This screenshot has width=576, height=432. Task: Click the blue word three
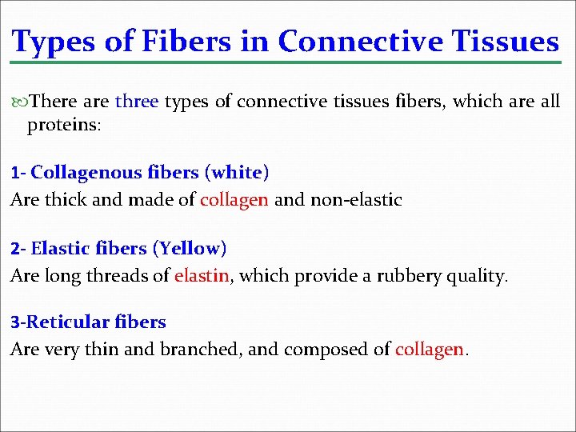click(137, 102)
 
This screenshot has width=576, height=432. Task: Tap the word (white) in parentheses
click(237, 172)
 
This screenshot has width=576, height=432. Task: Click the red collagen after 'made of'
click(234, 199)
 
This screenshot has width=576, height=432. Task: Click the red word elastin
click(202, 276)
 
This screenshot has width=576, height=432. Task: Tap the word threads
click(120, 276)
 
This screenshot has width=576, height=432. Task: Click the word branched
click(193, 349)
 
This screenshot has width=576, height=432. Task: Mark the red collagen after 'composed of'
click(430, 349)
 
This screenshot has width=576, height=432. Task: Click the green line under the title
click(288, 61)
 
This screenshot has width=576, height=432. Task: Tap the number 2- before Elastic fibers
click(18, 249)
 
